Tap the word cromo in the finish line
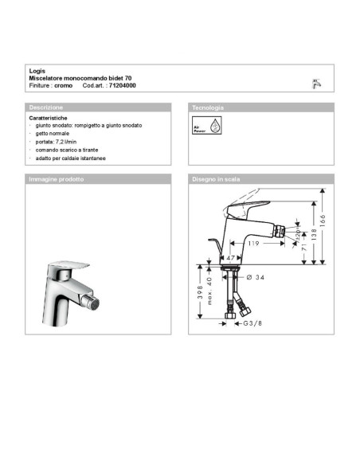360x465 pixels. [x=64, y=84]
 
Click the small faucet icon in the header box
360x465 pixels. [x=316, y=82]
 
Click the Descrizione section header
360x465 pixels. [x=46, y=107]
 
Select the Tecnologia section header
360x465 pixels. [x=208, y=107]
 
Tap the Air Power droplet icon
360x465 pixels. [x=205, y=127]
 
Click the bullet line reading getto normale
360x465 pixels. [x=56, y=134]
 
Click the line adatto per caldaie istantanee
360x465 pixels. [x=72, y=158]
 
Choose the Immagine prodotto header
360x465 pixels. [x=57, y=179]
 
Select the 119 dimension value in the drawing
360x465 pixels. [x=254, y=244]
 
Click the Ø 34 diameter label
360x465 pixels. [x=255, y=277]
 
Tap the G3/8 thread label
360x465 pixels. [x=254, y=324]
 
